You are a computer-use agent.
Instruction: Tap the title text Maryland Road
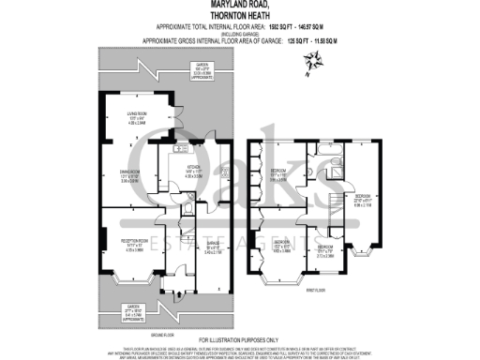pyautogui.click(x=240, y=7)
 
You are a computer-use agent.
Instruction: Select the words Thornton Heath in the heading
pyautogui.click(x=240, y=16)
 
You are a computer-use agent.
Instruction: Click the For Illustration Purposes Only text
pyautogui.click(x=240, y=338)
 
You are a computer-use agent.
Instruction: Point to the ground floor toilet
pyautogui.click(x=188, y=210)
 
